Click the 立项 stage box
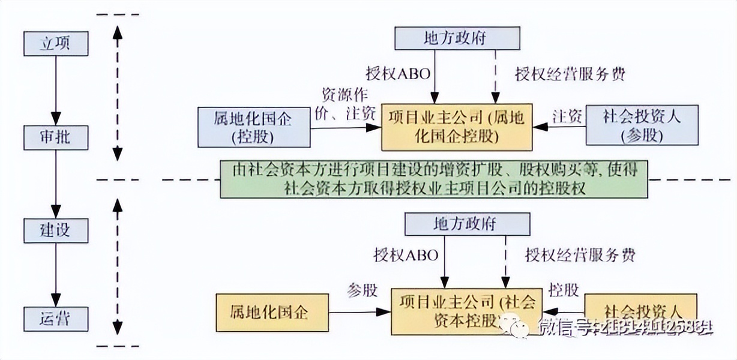tap(55, 44)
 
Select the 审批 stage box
tap(55, 137)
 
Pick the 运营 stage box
tap(55, 318)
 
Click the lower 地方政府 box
tap(468, 224)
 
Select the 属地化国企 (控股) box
tap(253, 127)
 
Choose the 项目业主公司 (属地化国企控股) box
tap(457, 126)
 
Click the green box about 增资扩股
tap(435, 178)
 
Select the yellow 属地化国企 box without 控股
tap(272, 311)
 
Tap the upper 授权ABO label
tap(399, 74)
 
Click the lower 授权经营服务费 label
tap(580, 254)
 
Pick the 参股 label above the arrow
tap(362, 290)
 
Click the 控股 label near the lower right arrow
tap(564, 290)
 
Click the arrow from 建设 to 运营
tap(55, 274)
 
